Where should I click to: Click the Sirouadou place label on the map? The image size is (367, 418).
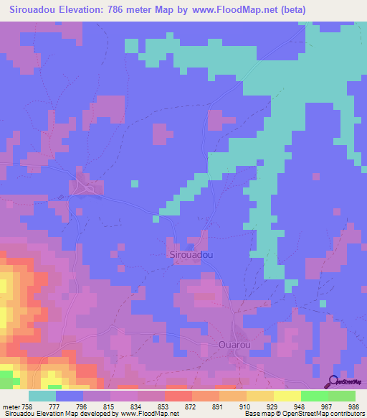(x=191, y=255)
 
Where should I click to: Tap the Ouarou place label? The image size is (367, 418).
(x=233, y=345)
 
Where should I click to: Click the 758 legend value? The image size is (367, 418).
(x=27, y=406)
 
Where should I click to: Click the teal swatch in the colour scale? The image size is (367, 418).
(x=42, y=396)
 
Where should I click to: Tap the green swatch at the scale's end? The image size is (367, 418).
(x=342, y=396)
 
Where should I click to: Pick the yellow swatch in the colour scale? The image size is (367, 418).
(x=287, y=396)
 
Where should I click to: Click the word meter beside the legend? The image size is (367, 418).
(x=10, y=406)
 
